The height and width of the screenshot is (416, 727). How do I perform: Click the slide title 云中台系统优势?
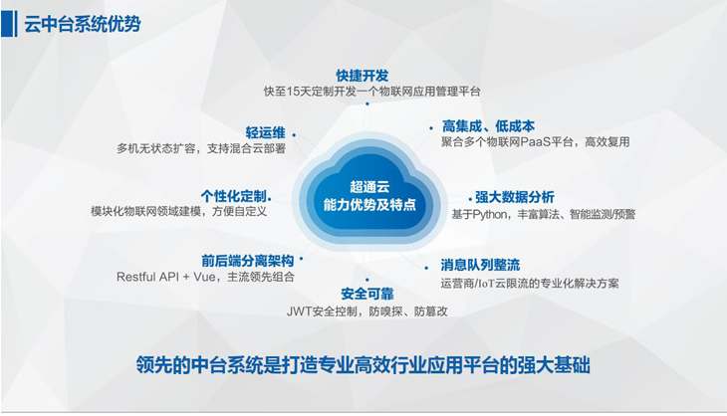click(x=82, y=24)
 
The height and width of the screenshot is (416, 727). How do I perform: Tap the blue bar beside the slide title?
click(x=8, y=24)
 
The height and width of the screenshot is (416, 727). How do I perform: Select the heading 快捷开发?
click(x=363, y=76)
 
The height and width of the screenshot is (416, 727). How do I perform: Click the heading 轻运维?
click(x=265, y=133)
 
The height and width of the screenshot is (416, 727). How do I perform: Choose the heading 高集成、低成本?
click(x=488, y=126)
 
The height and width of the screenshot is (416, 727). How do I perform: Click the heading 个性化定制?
click(x=233, y=196)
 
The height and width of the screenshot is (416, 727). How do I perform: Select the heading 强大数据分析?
click(x=515, y=197)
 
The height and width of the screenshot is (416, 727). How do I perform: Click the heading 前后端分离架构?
click(x=248, y=261)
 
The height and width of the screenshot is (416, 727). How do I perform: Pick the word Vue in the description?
click(x=204, y=277)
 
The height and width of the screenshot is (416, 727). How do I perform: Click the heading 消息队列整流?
click(x=480, y=265)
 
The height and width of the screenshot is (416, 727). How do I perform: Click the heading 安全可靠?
click(x=367, y=294)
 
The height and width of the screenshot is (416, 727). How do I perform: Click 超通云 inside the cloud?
click(x=369, y=187)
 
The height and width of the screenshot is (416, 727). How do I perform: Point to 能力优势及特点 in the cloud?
click(x=369, y=205)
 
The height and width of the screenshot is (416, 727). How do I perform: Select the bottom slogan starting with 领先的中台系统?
click(x=363, y=365)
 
